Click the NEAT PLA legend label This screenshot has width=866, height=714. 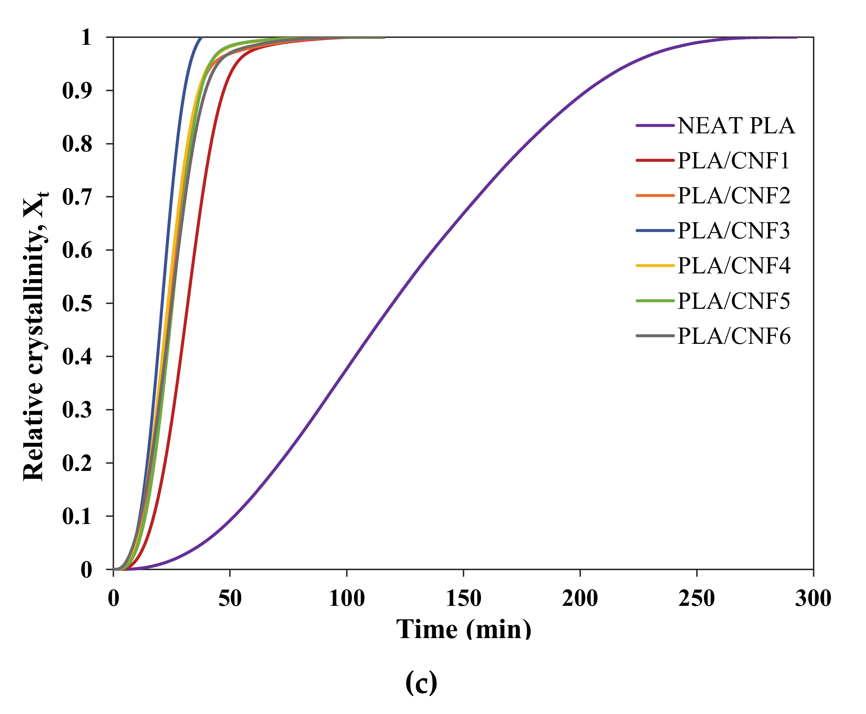(736, 126)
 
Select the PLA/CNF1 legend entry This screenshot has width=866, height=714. (733, 161)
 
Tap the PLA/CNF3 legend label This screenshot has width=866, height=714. (733, 231)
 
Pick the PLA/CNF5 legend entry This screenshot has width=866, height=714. (733, 301)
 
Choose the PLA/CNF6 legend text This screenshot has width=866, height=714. (733, 336)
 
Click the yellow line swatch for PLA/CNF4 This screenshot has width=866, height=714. (655, 266)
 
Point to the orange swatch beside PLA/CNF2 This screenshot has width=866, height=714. (655, 196)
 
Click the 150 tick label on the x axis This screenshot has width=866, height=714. (463, 598)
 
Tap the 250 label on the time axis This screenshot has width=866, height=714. (696, 598)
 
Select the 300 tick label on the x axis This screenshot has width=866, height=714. (813, 598)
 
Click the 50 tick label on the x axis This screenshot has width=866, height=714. (229, 598)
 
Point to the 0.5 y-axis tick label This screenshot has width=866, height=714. (77, 304)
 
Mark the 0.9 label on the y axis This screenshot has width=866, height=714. (77, 90)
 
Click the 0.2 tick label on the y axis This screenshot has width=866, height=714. (77, 463)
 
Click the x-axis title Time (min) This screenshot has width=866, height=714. (463, 629)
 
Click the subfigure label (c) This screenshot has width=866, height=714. (421, 682)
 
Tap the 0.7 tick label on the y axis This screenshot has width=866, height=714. (77, 197)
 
